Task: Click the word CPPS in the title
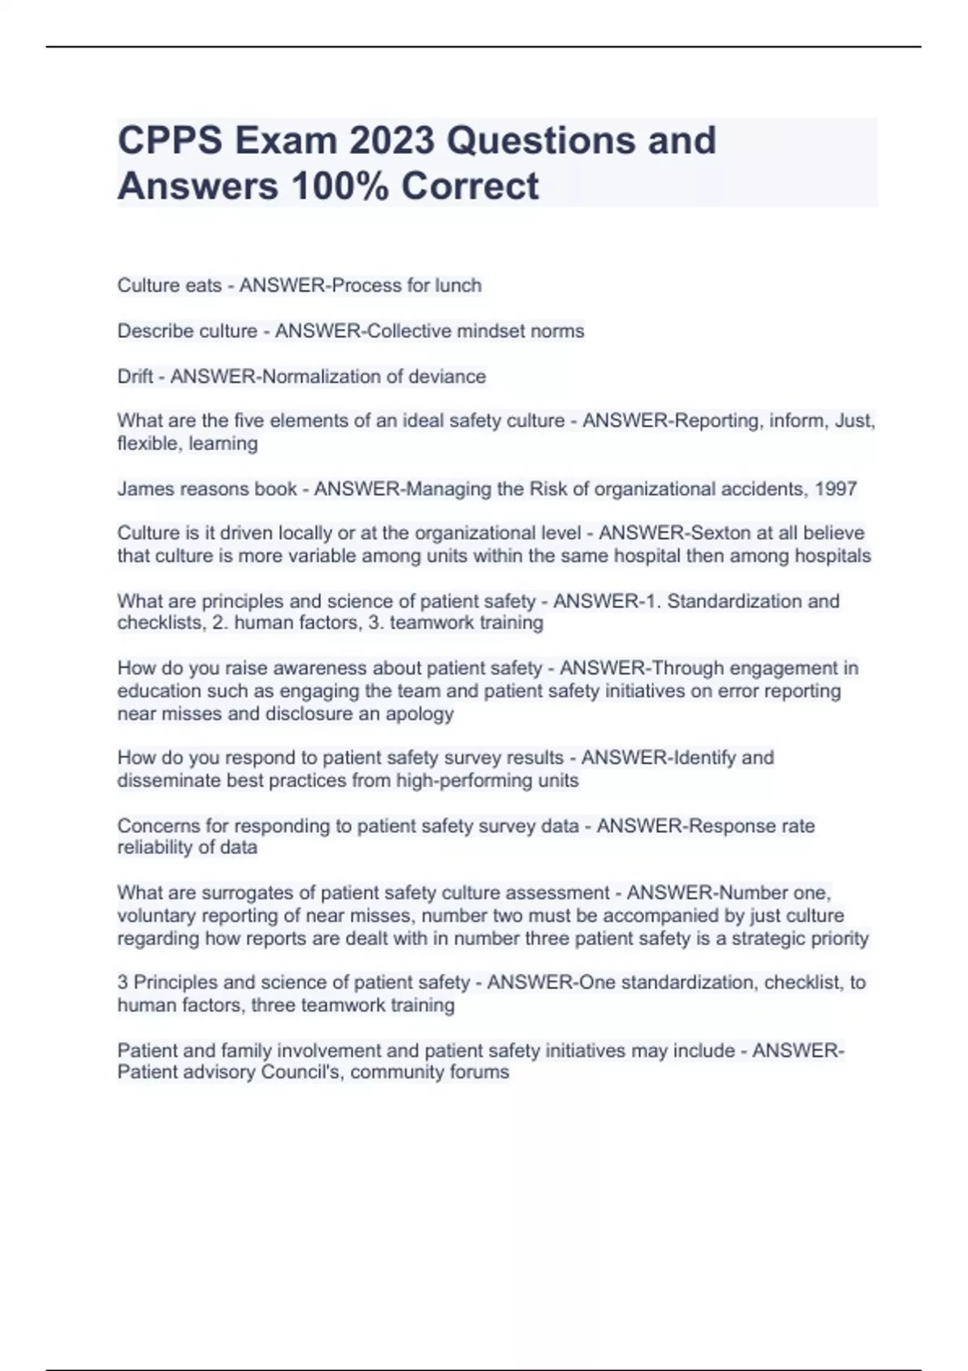(169, 140)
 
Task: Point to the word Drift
(136, 377)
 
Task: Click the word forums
(480, 1073)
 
